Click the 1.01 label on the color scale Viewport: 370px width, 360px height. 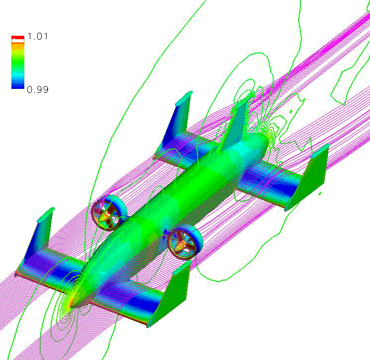[x=38, y=36]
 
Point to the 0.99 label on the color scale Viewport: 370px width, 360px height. [x=38, y=89]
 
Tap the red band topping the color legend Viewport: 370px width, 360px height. [x=18, y=38]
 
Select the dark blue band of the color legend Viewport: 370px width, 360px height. [x=18, y=84]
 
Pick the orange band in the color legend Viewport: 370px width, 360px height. [x=18, y=47]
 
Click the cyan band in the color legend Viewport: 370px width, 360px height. [x=18, y=74]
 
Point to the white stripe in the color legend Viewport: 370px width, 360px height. [x=18, y=41]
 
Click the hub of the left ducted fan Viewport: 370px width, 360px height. [x=107, y=214]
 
